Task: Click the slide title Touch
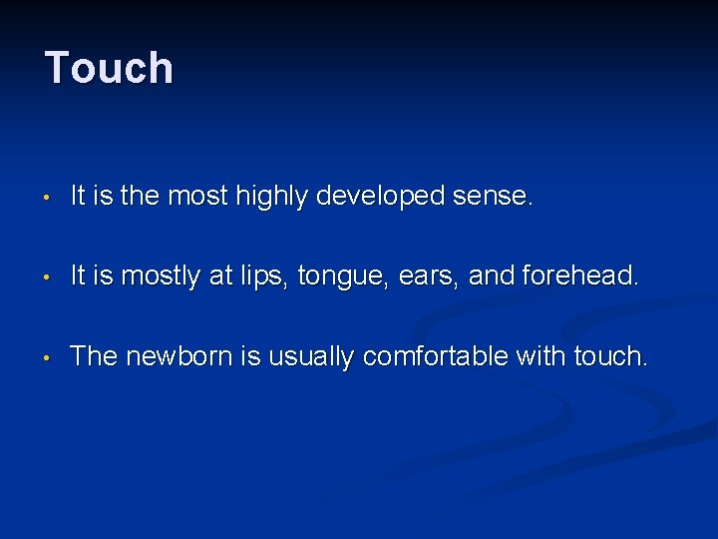[109, 68]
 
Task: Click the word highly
[272, 198]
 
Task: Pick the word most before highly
[197, 198]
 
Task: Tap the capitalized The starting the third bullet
[94, 356]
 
